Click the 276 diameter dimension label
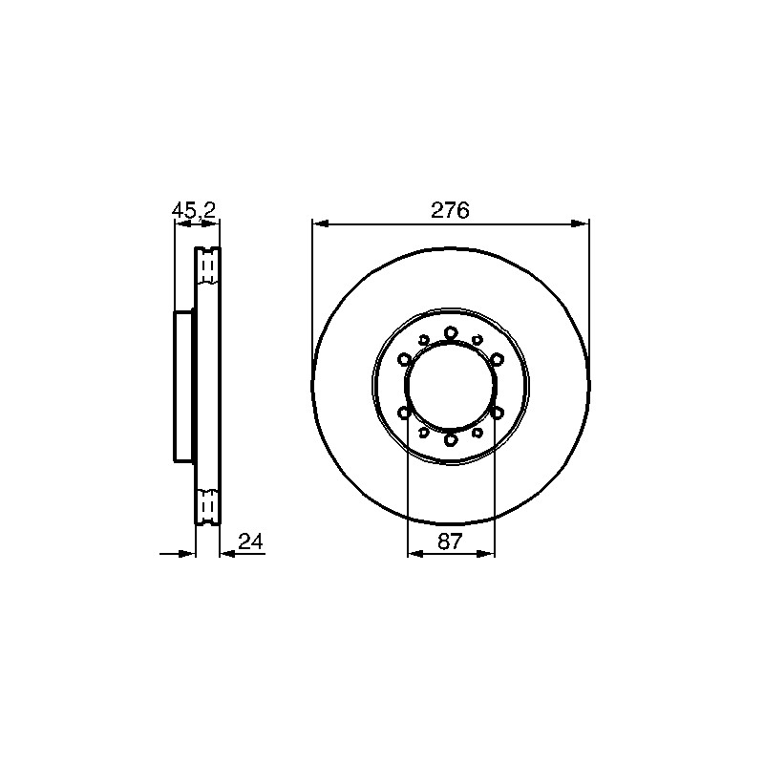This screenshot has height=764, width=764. pos(450,210)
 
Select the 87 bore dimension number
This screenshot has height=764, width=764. pos(449,541)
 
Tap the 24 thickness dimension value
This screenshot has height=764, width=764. pos(250,541)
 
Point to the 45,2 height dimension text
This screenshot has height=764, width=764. pos(194,210)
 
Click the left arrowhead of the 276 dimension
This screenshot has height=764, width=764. pos(321,223)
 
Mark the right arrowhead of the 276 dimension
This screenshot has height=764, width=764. pos(580,223)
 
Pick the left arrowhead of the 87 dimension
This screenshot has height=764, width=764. pos(415,554)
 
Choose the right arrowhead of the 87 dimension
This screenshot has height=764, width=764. pos(486,554)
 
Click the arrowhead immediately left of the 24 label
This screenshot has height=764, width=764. pos(227,554)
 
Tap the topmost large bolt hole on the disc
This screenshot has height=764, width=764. pos(451,333)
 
